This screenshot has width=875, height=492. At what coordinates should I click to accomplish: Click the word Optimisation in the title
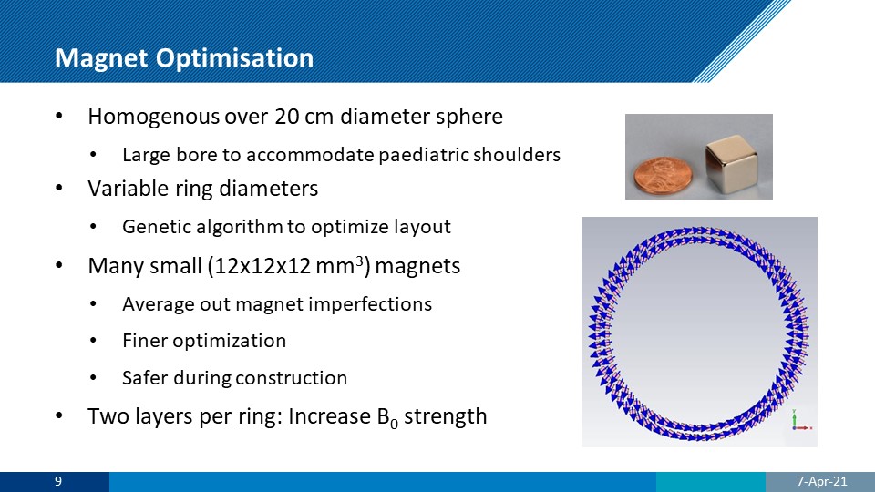[234, 58]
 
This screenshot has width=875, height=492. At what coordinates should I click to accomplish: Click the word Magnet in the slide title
[102, 57]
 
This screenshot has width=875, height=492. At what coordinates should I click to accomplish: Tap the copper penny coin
[663, 175]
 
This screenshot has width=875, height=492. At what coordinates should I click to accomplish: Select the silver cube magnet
[730, 166]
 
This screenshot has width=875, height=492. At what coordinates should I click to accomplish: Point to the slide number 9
[58, 481]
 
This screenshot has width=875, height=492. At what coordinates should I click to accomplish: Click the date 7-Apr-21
[821, 481]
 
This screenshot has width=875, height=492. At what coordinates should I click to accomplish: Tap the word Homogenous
[153, 117]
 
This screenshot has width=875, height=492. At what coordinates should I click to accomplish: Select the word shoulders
[517, 155]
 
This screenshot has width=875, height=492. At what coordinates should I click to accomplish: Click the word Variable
[131, 189]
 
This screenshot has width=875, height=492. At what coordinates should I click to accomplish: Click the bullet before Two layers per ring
[59, 416]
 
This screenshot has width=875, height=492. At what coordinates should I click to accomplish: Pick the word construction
[291, 378]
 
